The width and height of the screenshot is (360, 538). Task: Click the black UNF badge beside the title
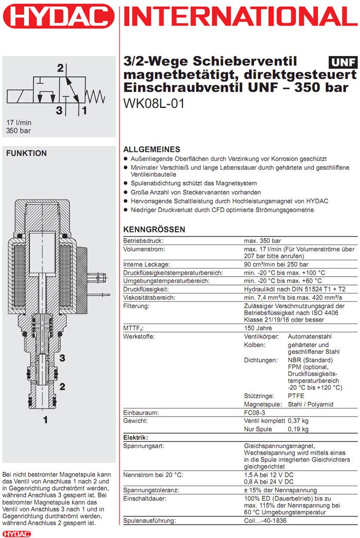pos(343,62)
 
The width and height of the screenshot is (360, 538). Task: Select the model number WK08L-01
pos(154,103)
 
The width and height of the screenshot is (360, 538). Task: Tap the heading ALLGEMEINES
pos(152,149)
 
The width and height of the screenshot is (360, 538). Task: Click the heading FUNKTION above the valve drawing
pos(26,153)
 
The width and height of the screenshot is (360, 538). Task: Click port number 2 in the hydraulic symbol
pos(60,68)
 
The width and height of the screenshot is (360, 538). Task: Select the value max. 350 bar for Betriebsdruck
pos(262,241)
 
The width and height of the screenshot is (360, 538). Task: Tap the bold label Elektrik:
pos(136,437)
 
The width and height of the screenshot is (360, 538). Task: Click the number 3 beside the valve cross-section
pos(62,358)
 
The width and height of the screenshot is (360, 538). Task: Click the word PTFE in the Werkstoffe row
pos(296,396)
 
